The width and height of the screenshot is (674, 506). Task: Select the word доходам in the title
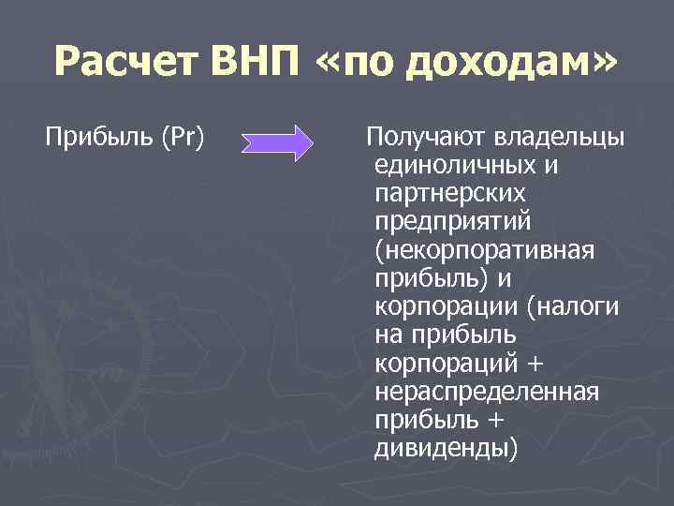(505, 64)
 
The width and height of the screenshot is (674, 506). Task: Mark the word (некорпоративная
(485, 251)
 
